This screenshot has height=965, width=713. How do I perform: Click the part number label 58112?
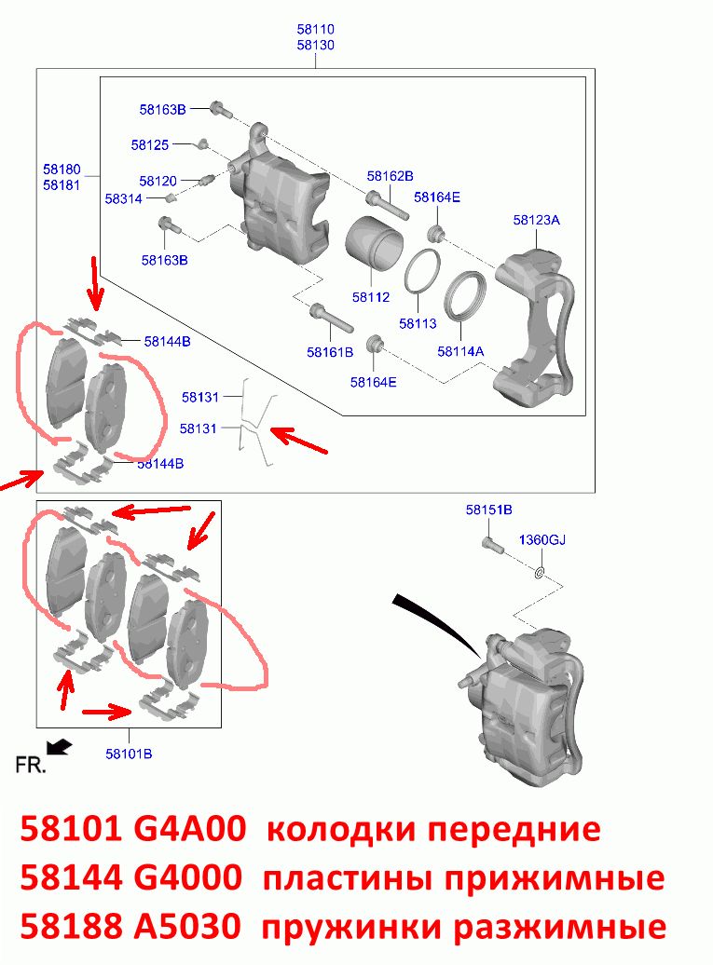tap(371, 297)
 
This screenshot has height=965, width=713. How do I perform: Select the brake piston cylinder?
tap(373, 243)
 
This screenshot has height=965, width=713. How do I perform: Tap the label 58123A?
tap(536, 220)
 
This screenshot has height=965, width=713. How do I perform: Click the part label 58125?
tap(150, 144)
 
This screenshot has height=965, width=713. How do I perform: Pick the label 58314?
tap(123, 198)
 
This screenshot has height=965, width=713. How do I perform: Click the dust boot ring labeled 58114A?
tap(466, 295)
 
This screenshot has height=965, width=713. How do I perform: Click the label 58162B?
tap(390, 176)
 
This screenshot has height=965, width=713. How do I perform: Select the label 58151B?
tap(489, 510)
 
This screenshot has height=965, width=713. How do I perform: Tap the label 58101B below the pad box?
tap(129, 754)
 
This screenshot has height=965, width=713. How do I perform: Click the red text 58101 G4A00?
tap(133, 829)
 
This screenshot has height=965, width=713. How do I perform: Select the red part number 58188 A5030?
tap(130, 926)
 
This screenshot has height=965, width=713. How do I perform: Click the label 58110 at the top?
tap(315, 29)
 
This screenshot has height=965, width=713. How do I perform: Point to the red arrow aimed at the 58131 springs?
tap(299, 442)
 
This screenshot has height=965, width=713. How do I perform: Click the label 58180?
tap(62, 170)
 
